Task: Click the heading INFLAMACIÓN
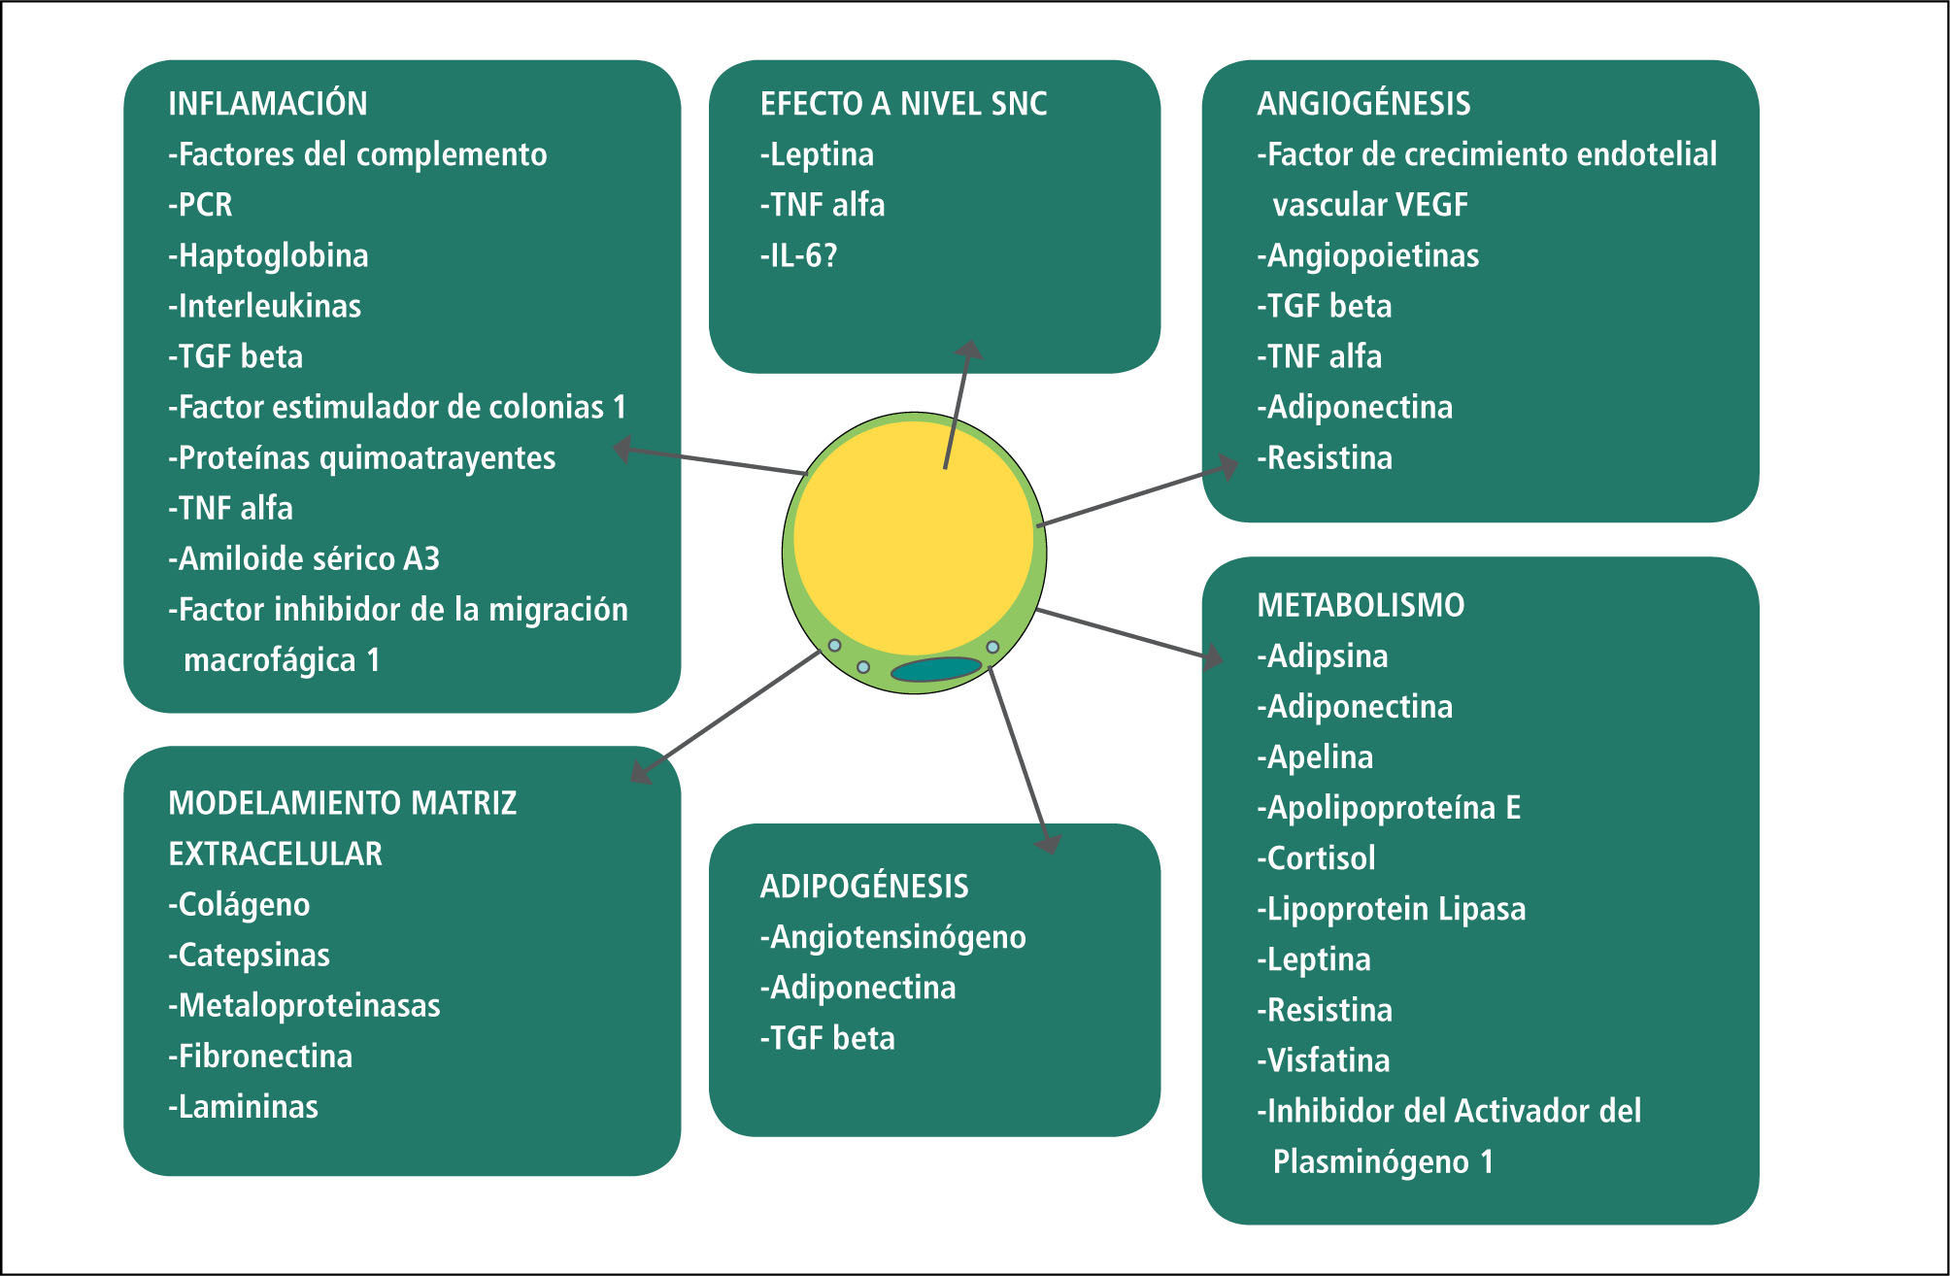click(267, 104)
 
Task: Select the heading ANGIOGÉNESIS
click(1363, 104)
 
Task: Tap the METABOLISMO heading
click(1360, 605)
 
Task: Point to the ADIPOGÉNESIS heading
click(863, 887)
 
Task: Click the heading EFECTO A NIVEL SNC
click(903, 104)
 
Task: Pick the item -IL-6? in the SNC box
click(798, 256)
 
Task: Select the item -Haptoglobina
click(268, 256)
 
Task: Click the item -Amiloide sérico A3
click(304, 559)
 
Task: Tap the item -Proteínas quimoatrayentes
click(361, 458)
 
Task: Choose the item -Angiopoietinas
click(1367, 256)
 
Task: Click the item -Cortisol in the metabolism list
click(1316, 858)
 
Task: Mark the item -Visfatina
click(1323, 1060)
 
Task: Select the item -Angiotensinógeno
click(892, 938)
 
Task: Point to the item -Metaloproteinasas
click(304, 1006)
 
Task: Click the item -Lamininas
click(243, 1107)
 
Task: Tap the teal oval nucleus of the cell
click(936, 669)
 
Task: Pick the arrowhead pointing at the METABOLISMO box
click(1214, 657)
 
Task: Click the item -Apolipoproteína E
click(1389, 808)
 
